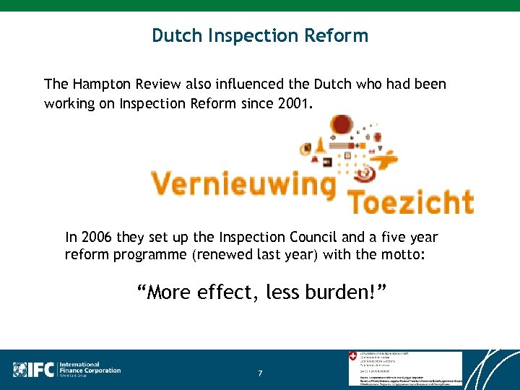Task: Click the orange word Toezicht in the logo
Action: [x=411, y=201]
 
